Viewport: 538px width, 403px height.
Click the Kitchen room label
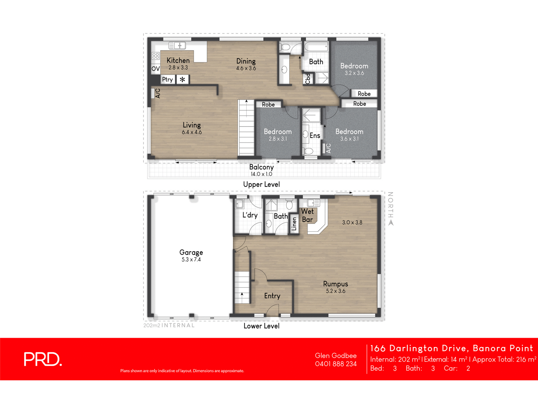click(178, 60)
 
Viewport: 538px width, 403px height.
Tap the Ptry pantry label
click(167, 79)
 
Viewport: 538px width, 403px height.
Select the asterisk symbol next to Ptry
click(182, 79)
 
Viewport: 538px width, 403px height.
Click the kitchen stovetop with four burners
click(156, 56)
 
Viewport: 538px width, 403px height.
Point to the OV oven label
click(156, 69)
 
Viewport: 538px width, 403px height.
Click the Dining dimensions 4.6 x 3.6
click(246, 68)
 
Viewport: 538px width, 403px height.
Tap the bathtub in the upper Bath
click(316, 46)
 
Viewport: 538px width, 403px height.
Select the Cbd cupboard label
click(308, 79)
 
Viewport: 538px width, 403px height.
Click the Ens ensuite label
click(315, 136)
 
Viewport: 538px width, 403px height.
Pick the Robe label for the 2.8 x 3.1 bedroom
click(268, 105)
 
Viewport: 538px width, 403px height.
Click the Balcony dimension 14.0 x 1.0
click(261, 174)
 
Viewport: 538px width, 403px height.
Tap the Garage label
click(191, 252)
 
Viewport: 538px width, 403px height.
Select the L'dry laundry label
click(250, 215)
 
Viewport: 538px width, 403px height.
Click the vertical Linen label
click(294, 224)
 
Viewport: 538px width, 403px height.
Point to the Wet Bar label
click(307, 215)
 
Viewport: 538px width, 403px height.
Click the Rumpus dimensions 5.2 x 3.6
click(335, 291)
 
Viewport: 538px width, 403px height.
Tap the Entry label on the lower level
click(272, 296)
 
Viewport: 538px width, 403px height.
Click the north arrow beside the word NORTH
click(391, 223)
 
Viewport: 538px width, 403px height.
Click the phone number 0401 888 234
click(336, 364)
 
